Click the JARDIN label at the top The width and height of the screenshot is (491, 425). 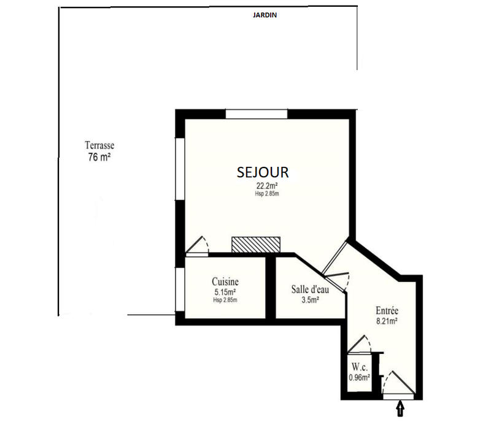pyautogui.click(x=265, y=16)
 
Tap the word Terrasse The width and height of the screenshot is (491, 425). pyautogui.click(x=99, y=146)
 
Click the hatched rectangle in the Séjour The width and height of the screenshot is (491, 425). pyautogui.click(x=256, y=243)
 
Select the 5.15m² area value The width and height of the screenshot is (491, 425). pyautogui.click(x=225, y=292)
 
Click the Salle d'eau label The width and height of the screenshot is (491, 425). pyautogui.click(x=310, y=289)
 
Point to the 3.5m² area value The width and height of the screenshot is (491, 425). pyautogui.click(x=309, y=300)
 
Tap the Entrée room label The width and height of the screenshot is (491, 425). pyautogui.click(x=388, y=310)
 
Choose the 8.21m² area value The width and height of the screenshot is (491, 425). pyautogui.click(x=388, y=321)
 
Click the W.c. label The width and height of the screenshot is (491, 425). pyautogui.click(x=359, y=367)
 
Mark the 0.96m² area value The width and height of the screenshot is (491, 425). pyautogui.click(x=359, y=377)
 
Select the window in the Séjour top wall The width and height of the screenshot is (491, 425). pyautogui.click(x=257, y=113)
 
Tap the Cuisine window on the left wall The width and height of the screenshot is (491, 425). pyautogui.click(x=180, y=291)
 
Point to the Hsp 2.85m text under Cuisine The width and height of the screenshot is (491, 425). pyautogui.click(x=225, y=300)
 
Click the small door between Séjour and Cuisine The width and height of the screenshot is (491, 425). pyautogui.click(x=198, y=245)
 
